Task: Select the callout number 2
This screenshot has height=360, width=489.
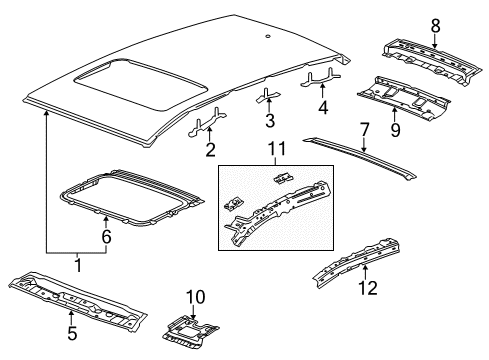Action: click(209, 151)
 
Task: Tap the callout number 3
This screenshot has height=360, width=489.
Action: click(269, 122)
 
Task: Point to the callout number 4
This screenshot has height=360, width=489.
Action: click(323, 107)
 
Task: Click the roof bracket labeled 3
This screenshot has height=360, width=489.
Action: click(269, 97)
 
